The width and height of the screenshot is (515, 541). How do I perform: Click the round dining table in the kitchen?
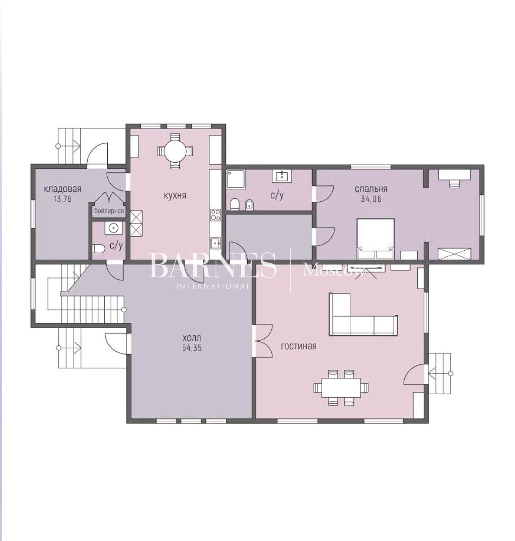[175, 151]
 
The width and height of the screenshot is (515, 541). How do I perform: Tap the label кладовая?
[63, 189]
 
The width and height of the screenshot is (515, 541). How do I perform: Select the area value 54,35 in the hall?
[192, 348]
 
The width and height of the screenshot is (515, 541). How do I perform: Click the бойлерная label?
[109, 211]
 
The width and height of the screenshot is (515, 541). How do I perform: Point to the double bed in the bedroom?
[375, 238]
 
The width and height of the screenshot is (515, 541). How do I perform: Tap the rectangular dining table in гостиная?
[341, 388]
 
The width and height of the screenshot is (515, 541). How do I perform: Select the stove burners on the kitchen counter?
[215, 214]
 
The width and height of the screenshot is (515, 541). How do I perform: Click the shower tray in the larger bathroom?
[235, 179]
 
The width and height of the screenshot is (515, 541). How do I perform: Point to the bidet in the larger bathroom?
[249, 204]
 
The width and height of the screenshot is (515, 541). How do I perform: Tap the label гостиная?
[298, 346]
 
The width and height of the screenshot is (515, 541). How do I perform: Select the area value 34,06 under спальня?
[371, 199]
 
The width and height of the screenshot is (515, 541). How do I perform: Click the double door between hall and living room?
[263, 341]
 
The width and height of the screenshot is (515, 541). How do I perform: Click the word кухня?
[175, 196]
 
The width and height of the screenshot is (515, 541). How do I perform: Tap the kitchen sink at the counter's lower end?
[215, 243]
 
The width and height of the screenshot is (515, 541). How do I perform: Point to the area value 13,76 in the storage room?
[63, 199]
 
